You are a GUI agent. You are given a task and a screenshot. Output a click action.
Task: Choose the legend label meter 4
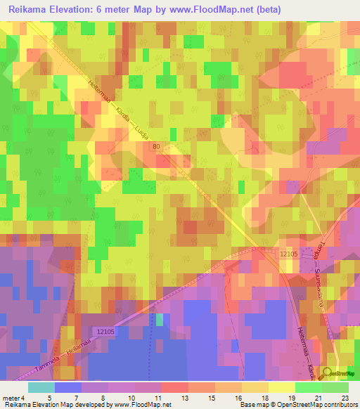coord(15,398)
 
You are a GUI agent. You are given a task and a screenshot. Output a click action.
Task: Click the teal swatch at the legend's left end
coord(41,387)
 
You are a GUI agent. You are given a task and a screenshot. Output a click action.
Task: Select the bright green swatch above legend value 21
coord(308,387)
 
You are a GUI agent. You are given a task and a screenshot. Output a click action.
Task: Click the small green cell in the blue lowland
coord(159,320)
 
